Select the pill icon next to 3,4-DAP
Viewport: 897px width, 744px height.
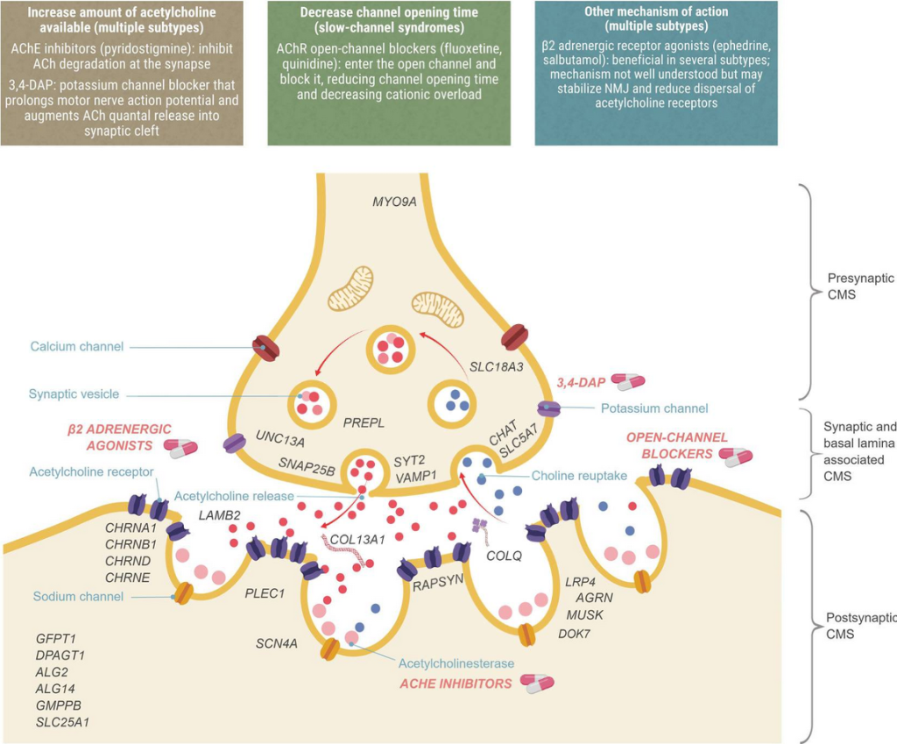(x=627, y=381)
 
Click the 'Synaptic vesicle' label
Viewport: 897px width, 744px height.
(x=73, y=394)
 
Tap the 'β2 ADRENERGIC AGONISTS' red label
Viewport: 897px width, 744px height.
(x=119, y=437)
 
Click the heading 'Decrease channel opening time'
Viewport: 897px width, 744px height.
(x=389, y=12)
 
